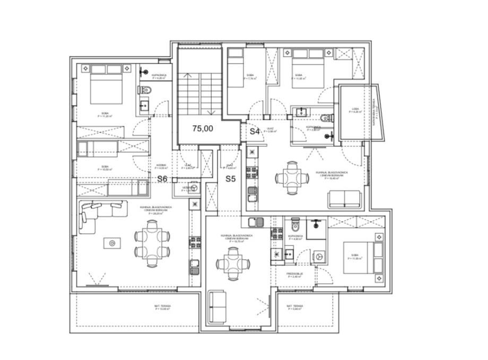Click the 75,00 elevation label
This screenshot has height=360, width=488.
(x=203, y=128)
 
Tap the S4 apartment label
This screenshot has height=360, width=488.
(x=255, y=132)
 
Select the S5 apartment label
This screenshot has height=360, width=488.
(x=230, y=179)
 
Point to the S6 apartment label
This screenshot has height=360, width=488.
(x=162, y=179)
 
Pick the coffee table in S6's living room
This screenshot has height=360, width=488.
(x=112, y=243)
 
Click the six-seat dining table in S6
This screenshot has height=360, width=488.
(x=153, y=242)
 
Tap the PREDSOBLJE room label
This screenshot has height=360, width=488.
(x=295, y=274)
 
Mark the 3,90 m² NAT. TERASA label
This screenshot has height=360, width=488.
(x=294, y=308)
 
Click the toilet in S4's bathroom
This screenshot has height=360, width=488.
(x=326, y=117)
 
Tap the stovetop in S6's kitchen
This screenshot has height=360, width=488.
(x=193, y=242)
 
